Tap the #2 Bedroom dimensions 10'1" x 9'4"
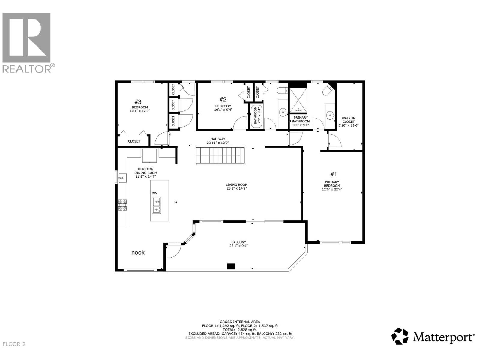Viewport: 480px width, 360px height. click(x=223, y=110)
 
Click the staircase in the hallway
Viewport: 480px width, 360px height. click(x=221, y=155)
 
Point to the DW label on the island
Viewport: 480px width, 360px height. click(x=154, y=193)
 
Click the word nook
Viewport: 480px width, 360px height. click(x=138, y=253)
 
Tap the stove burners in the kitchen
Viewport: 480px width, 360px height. click(x=122, y=205)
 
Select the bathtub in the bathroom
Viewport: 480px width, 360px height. click(x=256, y=116)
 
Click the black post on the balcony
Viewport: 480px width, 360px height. click(x=231, y=266)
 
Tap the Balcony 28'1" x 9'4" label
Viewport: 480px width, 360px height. click(x=239, y=244)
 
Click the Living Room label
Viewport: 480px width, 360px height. click(x=237, y=187)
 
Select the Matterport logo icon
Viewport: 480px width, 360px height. click(x=400, y=336)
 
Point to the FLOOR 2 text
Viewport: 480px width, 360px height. click(x=14, y=344)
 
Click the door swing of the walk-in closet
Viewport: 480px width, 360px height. click(x=334, y=141)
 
